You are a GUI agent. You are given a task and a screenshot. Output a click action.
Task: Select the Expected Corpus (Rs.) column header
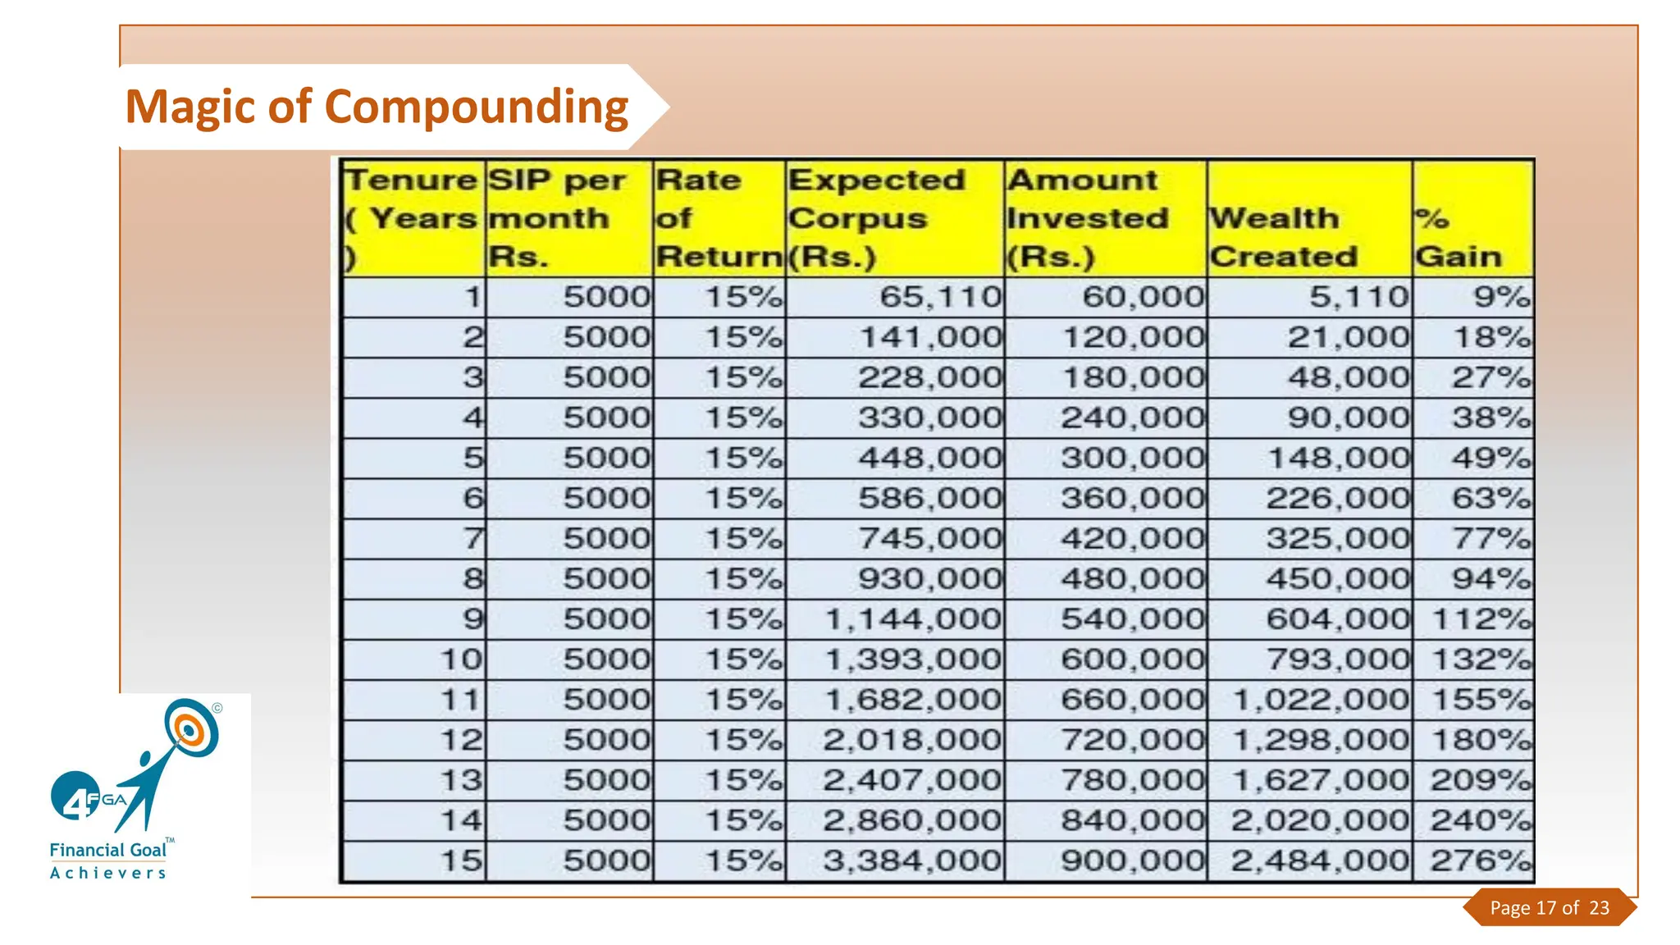click(876, 218)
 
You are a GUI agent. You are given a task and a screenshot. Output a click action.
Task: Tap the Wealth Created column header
click(1283, 237)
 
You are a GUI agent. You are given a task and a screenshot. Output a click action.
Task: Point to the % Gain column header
click(1458, 237)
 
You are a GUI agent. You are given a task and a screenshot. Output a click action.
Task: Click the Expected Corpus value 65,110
click(940, 296)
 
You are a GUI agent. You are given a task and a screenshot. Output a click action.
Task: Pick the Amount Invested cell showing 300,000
click(1132, 458)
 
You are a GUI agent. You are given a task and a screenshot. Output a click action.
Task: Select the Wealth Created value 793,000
click(1337, 659)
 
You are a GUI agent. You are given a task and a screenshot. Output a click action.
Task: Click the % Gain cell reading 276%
click(1480, 861)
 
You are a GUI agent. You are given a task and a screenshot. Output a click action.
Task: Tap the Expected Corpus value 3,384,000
click(911, 861)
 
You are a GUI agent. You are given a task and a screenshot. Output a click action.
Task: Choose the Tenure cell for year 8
click(472, 578)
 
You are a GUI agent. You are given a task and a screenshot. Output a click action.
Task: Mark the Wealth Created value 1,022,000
click(1321, 700)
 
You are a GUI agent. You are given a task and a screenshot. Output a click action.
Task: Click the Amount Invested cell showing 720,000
click(1132, 740)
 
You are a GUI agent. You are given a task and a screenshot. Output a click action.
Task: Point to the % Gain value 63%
click(1491, 498)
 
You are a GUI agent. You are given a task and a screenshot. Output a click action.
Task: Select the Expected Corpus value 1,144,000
click(912, 619)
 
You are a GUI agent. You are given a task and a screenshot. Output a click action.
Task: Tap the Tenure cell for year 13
click(462, 780)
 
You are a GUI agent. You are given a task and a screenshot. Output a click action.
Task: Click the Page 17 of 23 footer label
click(1549, 907)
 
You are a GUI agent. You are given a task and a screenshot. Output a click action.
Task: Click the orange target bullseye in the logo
click(189, 728)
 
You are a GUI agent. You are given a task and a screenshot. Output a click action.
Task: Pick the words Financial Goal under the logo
click(107, 850)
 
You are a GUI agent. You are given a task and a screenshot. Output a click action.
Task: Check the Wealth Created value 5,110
click(1358, 296)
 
